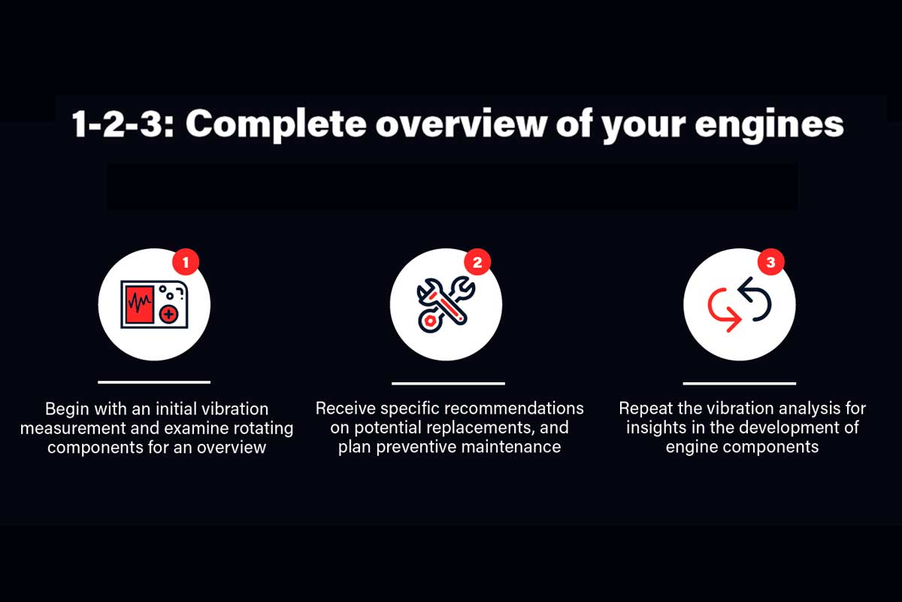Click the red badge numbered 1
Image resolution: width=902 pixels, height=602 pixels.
pyautogui.click(x=186, y=263)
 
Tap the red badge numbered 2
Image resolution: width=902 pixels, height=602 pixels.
pyautogui.click(x=477, y=263)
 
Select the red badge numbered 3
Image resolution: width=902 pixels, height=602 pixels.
pyautogui.click(x=770, y=263)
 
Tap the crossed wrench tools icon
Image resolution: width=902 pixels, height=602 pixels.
pyautogui.click(x=446, y=305)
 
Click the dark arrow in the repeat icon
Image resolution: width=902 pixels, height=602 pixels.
pyautogui.click(x=755, y=299)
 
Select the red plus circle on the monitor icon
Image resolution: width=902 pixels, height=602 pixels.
pyautogui.click(x=168, y=314)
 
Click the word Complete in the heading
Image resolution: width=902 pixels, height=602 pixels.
pyautogui.click(x=277, y=124)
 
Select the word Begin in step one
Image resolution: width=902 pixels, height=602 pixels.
pyautogui.click(x=67, y=409)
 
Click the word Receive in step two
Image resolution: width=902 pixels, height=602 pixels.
pyautogui.click(x=346, y=409)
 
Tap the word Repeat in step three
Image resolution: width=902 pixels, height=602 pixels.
pyautogui.click(x=646, y=409)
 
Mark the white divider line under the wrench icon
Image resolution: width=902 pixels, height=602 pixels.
pyautogui.click(x=448, y=384)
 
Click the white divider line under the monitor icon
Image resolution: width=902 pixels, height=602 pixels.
pyautogui.click(x=154, y=382)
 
